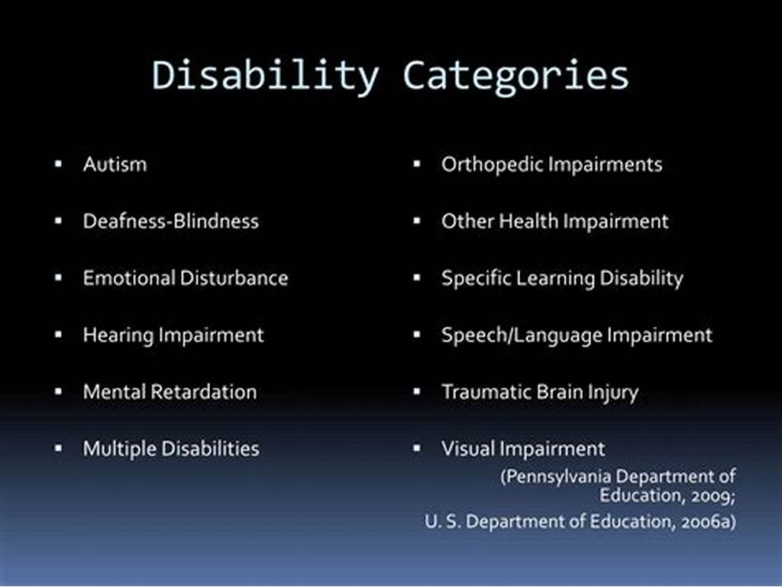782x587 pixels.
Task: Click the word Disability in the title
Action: [265, 76]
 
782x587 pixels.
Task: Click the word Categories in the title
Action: [515, 76]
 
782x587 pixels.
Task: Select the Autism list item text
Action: [115, 164]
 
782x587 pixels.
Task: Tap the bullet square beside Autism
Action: [58, 164]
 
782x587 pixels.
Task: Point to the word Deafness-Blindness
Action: [171, 221]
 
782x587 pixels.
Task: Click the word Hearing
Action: [118, 336]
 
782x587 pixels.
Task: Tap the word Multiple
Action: [120, 449]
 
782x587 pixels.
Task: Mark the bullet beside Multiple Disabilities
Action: [58, 448]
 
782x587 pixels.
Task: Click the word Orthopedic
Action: [490, 165]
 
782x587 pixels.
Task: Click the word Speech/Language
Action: [522, 336]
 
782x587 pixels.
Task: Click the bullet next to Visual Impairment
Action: [417, 448]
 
